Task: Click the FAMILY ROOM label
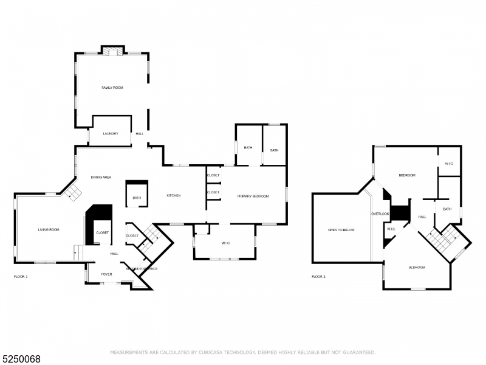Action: click(x=112, y=88)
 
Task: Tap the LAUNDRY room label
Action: click(x=110, y=133)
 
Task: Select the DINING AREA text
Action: click(x=101, y=177)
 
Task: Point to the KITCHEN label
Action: click(x=174, y=195)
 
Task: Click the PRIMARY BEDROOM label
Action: click(x=253, y=196)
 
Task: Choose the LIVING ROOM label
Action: click(x=49, y=229)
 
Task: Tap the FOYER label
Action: click(x=106, y=274)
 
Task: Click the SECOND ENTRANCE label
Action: click(x=142, y=268)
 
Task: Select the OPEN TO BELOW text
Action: click(x=341, y=230)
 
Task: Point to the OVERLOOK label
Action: click(x=380, y=214)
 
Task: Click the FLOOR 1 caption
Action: click(x=21, y=277)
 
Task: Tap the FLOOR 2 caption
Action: click(x=318, y=277)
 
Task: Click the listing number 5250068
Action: click(x=21, y=358)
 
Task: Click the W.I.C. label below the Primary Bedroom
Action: click(x=225, y=243)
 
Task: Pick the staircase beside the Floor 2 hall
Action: click(x=442, y=239)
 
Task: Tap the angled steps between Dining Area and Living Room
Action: click(x=73, y=193)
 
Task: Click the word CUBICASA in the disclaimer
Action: click(x=208, y=352)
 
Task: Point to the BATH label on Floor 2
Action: click(x=447, y=209)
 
